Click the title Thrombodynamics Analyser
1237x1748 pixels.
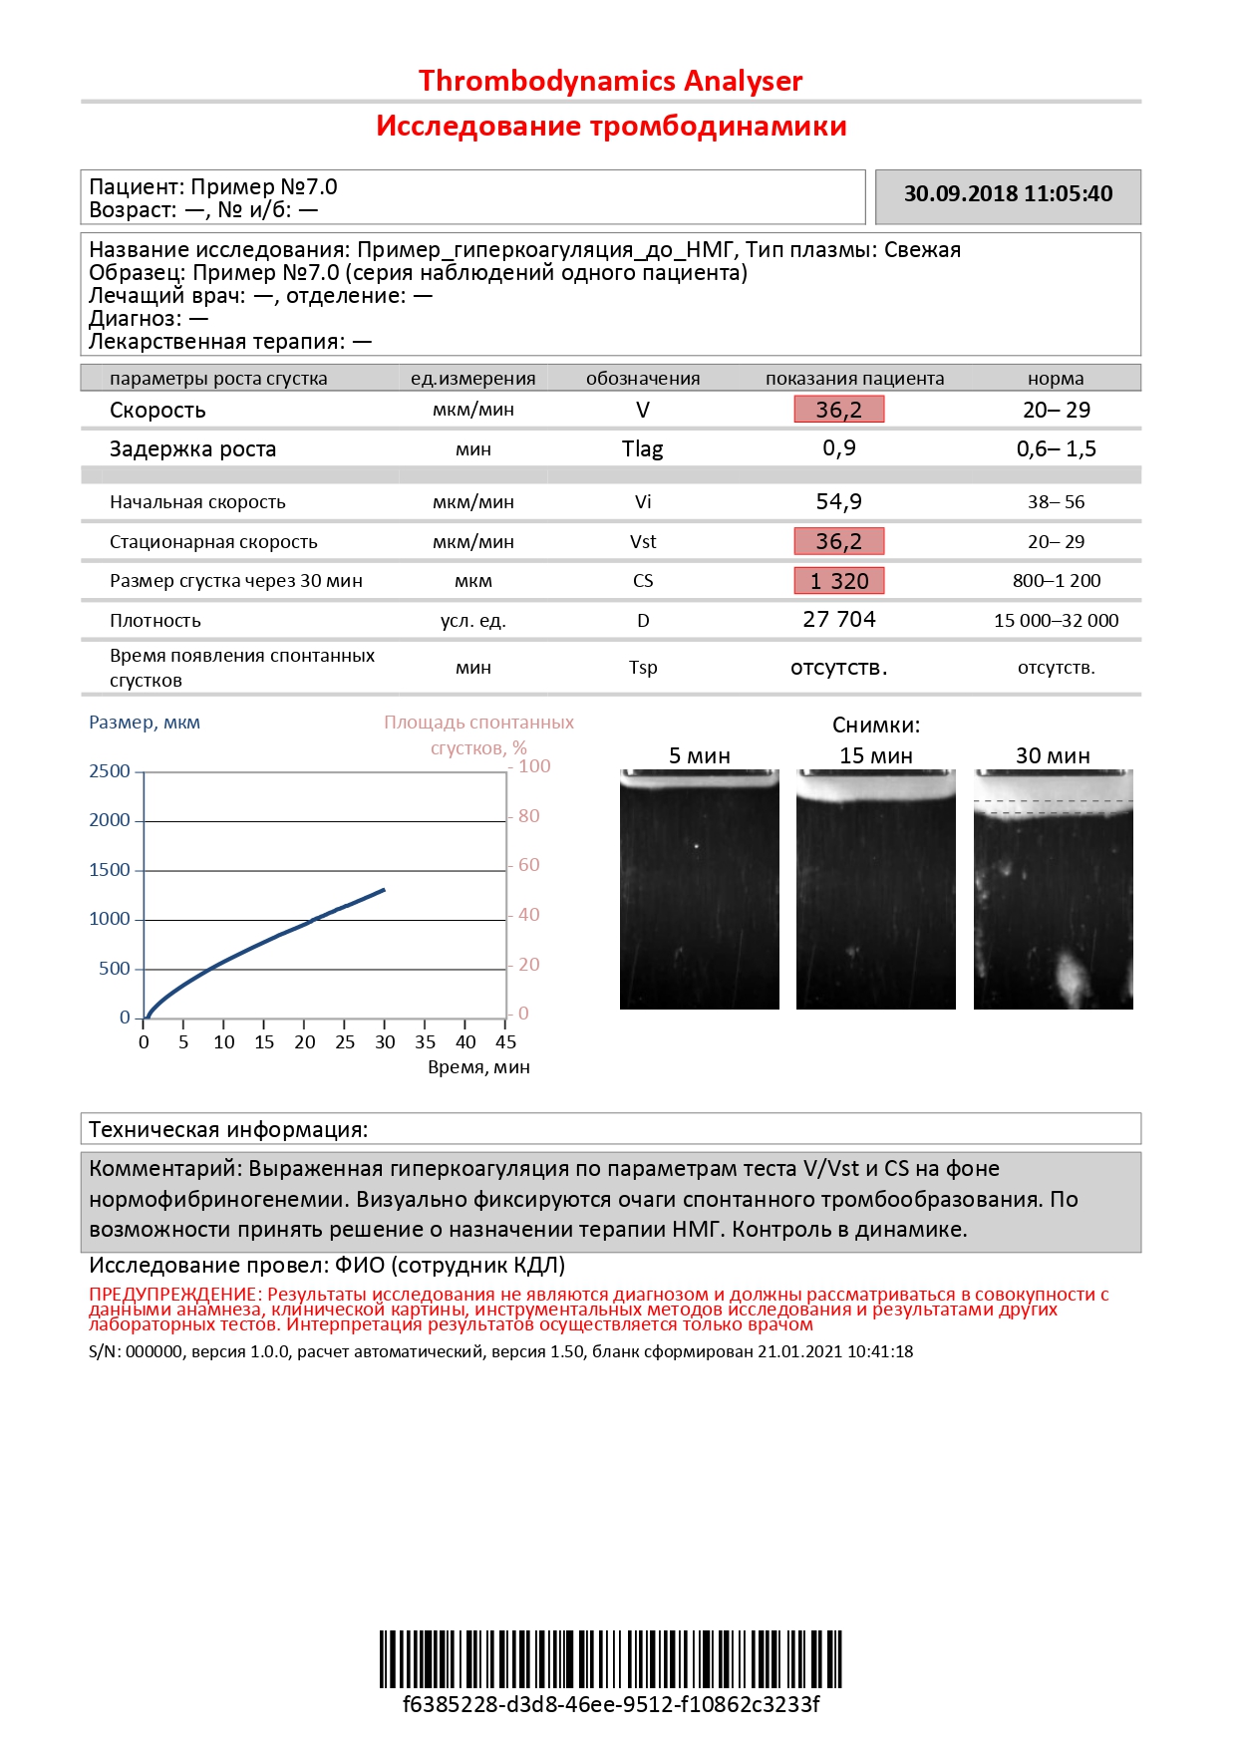610,81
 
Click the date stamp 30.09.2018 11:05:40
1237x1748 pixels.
1008,194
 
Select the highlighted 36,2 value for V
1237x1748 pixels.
838,410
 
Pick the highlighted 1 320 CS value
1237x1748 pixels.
838,581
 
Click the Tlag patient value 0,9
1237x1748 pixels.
838,448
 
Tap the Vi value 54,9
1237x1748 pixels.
838,501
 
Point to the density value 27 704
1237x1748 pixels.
838,620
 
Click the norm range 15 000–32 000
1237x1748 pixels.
1056,621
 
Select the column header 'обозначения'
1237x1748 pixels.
643,379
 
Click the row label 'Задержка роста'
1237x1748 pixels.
192,449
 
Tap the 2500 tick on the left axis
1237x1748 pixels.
110,771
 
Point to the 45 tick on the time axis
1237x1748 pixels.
506,1042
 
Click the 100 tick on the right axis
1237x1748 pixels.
534,766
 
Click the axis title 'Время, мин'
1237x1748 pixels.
478,1067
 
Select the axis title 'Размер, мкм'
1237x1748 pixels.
145,723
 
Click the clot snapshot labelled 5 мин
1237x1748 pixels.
699,889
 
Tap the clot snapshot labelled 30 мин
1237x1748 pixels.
1053,889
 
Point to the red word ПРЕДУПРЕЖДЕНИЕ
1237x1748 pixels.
175,1295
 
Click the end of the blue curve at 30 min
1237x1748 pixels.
384,890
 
